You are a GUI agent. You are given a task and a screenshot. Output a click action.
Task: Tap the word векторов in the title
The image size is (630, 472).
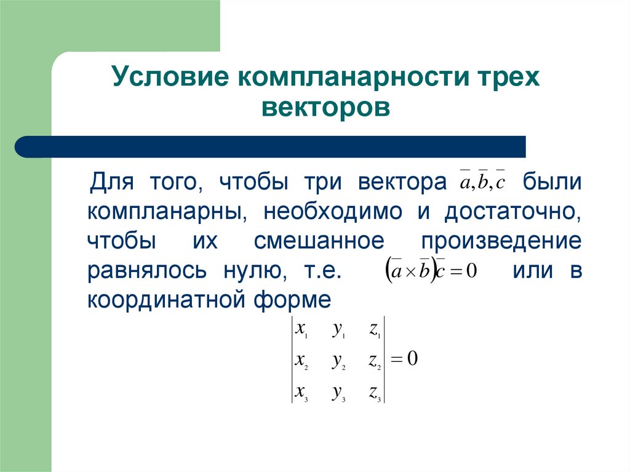click(325, 108)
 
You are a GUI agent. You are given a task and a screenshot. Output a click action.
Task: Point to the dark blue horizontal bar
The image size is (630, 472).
click(271, 146)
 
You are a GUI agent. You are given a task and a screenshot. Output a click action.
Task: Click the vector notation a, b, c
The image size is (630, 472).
click(482, 183)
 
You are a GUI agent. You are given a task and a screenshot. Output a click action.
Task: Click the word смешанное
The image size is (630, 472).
click(319, 241)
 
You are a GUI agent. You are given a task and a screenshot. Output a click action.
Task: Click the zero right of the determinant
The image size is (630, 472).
click(412, 359)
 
